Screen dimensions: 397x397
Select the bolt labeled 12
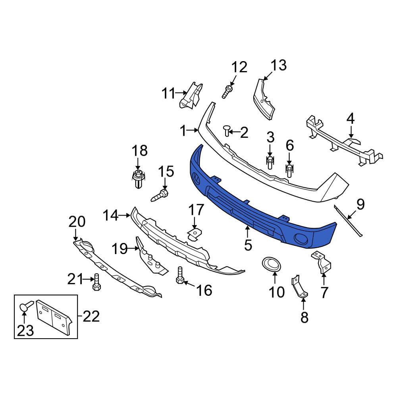point(227,92)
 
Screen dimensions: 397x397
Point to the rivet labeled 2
point(227,130)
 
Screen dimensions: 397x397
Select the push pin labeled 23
point(25,306)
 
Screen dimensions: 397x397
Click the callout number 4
point(350,118)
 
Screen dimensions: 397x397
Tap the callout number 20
point(77,222)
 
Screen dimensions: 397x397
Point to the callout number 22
point(91,317)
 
